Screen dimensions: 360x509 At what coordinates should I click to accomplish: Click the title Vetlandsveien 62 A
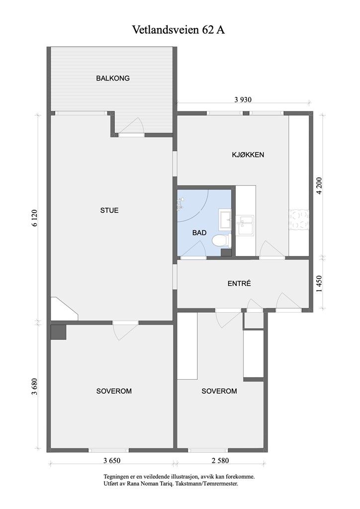tap(179, 30)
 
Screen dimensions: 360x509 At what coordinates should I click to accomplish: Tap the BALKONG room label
tap(113, 78)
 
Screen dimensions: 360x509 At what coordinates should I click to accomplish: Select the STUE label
tap(109, 210)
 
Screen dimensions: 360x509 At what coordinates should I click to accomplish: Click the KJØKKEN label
tap(248, 155)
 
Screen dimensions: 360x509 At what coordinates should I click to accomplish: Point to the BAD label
tap(199, 233)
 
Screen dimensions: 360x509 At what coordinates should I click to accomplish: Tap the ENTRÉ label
tap(239, 283)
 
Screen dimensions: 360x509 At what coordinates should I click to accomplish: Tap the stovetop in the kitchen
tap(299, 220)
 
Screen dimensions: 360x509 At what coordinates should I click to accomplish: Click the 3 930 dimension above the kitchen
tap(243, 100)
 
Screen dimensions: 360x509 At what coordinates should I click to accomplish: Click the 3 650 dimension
tap(112, 460)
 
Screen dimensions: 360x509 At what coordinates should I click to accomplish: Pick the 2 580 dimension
tap(220, 460)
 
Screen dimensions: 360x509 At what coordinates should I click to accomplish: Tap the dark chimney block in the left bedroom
tap(59, 333)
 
